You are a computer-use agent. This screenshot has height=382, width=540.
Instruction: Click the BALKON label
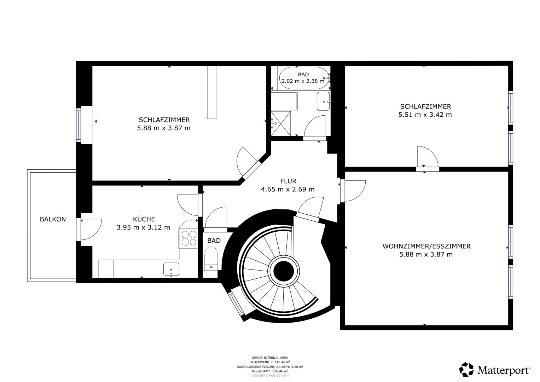click(x=53, y=219)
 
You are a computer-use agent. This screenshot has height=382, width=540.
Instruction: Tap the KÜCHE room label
click(x=144, y=219)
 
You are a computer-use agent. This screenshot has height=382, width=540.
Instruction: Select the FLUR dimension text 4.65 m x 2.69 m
click(x=288, y=189)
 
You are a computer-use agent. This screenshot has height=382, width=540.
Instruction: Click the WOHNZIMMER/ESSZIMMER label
click(x=426, y=246)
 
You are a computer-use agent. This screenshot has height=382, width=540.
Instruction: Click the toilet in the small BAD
click(x=211, y=258)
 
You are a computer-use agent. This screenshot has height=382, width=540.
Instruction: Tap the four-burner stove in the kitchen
click(x=188, y=238)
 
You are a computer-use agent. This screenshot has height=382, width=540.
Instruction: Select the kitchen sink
click(x=171, y=269)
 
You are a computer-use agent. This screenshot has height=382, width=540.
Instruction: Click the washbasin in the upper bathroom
click(x=323, y=101)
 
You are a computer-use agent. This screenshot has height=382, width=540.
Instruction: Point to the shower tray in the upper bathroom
click(x=281, y=123)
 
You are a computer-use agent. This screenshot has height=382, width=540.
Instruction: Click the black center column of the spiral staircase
click(x=284, y=272)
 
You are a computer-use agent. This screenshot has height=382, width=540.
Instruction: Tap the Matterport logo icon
click(x=466, y=369)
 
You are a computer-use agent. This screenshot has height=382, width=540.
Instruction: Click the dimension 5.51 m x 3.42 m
click(x=425, y=115)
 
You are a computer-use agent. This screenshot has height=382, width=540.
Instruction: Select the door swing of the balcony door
click(x=91, y=229)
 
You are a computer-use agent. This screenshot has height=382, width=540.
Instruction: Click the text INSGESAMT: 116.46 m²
click(x=270, y=371)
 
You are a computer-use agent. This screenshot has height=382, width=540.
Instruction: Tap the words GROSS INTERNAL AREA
click(x=270, y=358)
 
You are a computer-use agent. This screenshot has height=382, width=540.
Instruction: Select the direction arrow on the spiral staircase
click(x=305, y=291)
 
